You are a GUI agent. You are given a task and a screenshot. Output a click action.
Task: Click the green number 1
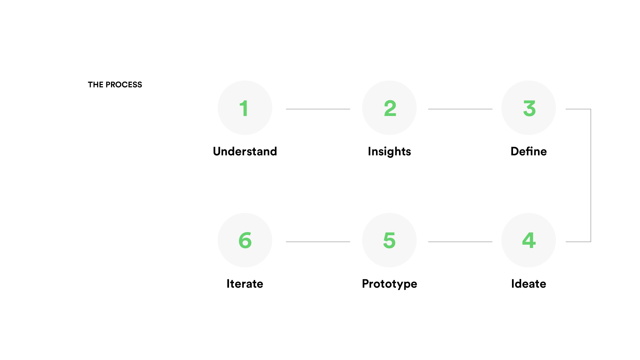244,108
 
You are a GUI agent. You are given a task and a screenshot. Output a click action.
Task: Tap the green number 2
390,108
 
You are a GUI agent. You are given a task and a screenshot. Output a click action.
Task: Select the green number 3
529,109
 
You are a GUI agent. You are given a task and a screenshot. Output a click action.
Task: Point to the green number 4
529,240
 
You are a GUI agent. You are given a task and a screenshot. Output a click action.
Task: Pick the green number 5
389,241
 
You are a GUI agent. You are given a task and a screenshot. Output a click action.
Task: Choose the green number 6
245,241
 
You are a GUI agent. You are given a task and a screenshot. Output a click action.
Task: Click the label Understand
245,151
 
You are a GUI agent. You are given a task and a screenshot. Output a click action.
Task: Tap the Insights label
389,152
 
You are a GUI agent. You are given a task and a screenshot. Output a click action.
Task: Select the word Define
529,151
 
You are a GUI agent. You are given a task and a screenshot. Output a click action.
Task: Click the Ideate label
529,284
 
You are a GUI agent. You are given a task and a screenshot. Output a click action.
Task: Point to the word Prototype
389,284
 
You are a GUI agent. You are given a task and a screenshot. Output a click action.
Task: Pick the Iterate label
245,284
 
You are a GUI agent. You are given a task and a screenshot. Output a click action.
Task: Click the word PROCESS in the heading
124,85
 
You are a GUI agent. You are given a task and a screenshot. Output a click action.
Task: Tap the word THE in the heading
96,85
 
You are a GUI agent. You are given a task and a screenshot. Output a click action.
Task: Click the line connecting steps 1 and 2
318,109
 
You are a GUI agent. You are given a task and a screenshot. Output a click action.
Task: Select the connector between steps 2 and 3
460,109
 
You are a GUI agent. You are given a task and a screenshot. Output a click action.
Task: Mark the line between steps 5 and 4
460,242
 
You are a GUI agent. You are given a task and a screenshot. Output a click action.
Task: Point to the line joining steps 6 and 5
318,242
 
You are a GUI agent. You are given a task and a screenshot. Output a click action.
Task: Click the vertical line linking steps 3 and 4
591,175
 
